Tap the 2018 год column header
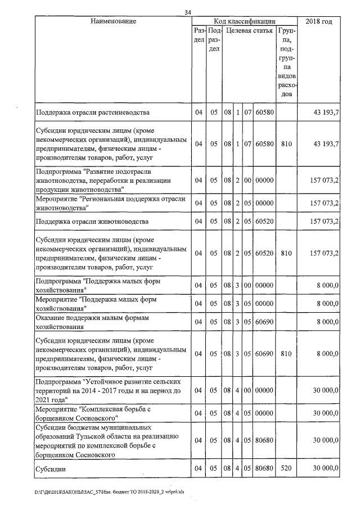[318, 21]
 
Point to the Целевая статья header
[249, 30]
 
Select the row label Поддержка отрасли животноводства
[92, 221]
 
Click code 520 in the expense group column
[287, 469]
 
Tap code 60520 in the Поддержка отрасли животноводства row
[264, 221]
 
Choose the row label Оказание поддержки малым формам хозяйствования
[85, 322]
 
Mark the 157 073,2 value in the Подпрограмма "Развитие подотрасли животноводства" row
[323, 181]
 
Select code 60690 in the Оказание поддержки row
[264, 322]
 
